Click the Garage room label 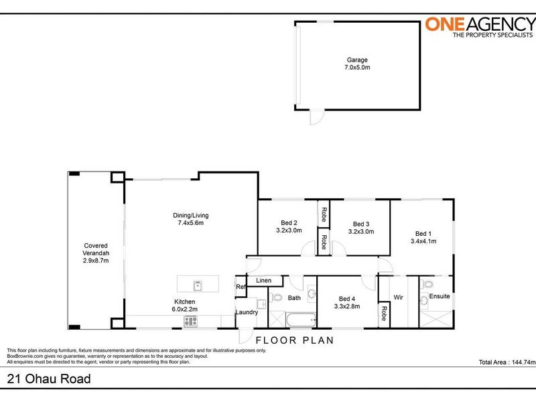pyautogui.click(x=357, y=60)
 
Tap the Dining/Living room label pyautogui.click(x=191, y=215)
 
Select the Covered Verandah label pyautogui.click(x=96, y=249)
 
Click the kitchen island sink pyautogui.click(x=198, y=286)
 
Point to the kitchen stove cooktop pyautogui.click(x=191, y=322)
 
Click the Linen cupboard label pyautogui.click(x=263, y=281)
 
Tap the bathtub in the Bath pyautogui.click(x=301, y=320)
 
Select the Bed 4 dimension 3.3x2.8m pyautogui.click(x=347, y=306)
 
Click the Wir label pyautogui.click(x=398, y=297)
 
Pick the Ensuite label pyautogui.click(x=440, y=296)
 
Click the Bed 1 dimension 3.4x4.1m pyautogui.click(x=423, y=241)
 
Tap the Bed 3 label pyautogui.click(x=361, y=224)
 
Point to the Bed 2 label pyautogui.click(x=289, y=223)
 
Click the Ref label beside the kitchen pyautogui.click(x=241, y=287)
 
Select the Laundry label pyautogui.click(x=247, y=312)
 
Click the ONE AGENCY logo pyautogui.click(x=480, y=27)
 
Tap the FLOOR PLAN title pyautogui.click(x=295, y=340)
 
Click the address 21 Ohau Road pyautogui.click(x=49, y=379)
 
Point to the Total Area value pyautogui.click(x=524, y=362)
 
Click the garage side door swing pyautogui.click(x=317, y=117)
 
